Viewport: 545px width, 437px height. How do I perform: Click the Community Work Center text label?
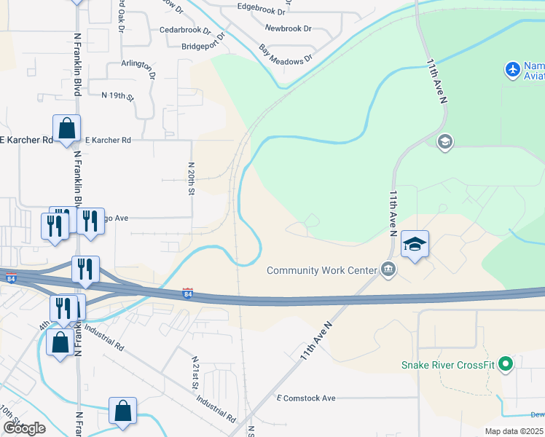[x=321, y=270]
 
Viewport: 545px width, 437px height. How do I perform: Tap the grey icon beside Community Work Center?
[x=388, y=270]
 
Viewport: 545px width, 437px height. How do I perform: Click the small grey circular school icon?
[x=444, y=141]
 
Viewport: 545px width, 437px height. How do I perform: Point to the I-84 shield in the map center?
[x=189, y=293]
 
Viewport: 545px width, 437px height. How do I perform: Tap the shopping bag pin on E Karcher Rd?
[x=66, y=129]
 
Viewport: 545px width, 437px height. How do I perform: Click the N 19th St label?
[x=118, y=95]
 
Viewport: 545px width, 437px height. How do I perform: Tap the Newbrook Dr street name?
[x=288, y=28]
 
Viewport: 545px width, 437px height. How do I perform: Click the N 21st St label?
[x=196, y=371]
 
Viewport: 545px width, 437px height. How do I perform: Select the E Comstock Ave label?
[x=306, y=398]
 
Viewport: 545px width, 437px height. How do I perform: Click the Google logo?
[x=24, y=428]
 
